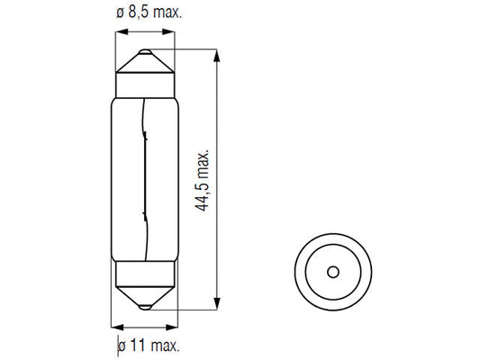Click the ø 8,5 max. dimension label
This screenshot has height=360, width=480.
point(149,13)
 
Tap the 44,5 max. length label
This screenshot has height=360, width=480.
point(202,181)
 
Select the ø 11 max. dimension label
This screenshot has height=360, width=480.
point(149,346)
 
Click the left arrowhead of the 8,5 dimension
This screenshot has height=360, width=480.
point(122,31)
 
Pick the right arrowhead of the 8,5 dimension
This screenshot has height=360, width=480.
point(168,31)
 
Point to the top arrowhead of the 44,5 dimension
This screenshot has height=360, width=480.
point(217,56)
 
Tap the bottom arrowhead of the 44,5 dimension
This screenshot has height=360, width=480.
point(217,303)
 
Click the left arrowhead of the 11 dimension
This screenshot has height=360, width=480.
point(117,328)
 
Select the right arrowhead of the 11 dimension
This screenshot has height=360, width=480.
point(172,328)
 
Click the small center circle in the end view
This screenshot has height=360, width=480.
point(333,272)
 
